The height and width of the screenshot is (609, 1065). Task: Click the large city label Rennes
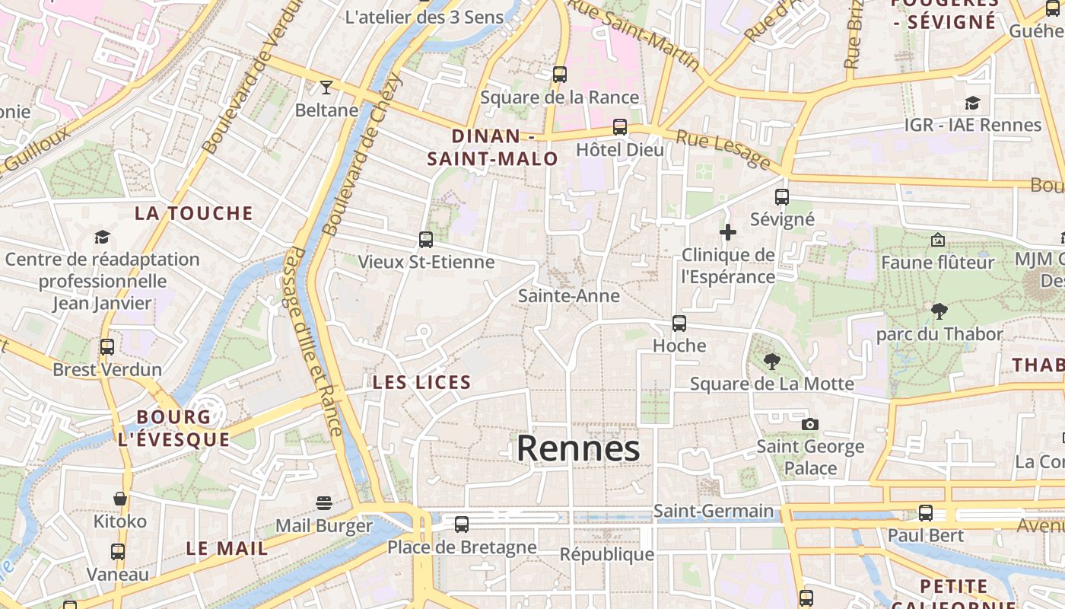(x=578, y=449)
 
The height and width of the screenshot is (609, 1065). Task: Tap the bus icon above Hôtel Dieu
(x=620, y=127)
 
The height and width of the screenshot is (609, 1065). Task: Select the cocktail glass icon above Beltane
(x=326, y=88)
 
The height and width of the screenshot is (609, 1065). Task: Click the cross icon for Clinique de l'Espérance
(x=728, y=232)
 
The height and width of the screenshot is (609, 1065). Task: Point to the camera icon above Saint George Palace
(x=810, y=424)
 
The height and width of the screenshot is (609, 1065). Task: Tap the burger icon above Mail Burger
(x=324, y=503)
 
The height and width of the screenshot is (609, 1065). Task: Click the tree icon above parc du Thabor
(x=939, y=311)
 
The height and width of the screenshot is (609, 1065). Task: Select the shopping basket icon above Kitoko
(x=120, y=499)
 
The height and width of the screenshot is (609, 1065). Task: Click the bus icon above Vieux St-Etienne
(x=426, y=240)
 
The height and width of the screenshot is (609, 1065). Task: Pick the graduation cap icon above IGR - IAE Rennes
(x=972, y=103)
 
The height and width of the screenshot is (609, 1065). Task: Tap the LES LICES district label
(x=422, y=382)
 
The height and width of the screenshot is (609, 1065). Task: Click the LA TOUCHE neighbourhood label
(x=194, y=213)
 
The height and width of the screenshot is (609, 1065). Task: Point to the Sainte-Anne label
(x=569, y=295)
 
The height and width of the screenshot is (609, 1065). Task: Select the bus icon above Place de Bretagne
(x=462, y=525)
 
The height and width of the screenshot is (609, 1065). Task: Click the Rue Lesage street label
(x=723, y=149)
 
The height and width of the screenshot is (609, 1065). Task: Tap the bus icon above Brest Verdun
(x=107, y=347)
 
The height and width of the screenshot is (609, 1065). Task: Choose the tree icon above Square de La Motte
(x=772, y=362)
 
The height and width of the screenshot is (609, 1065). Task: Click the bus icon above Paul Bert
(x=926, y=513)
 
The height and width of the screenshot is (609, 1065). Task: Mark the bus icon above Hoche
(x=679, y=324)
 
